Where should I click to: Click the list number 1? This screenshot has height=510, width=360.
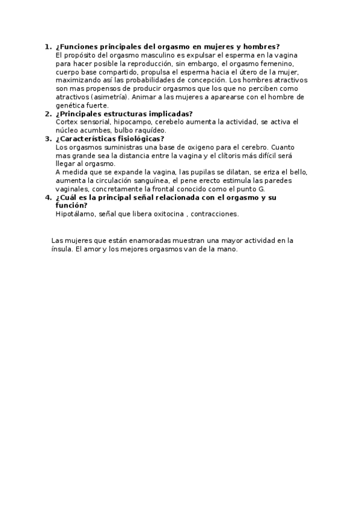click(47, 46)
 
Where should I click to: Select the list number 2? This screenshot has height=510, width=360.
click(47, 113)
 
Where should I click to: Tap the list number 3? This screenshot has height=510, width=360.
click(47, 138)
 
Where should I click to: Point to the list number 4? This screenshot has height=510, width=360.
click(47, 197)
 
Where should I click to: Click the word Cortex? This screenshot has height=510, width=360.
click(66, 121)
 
